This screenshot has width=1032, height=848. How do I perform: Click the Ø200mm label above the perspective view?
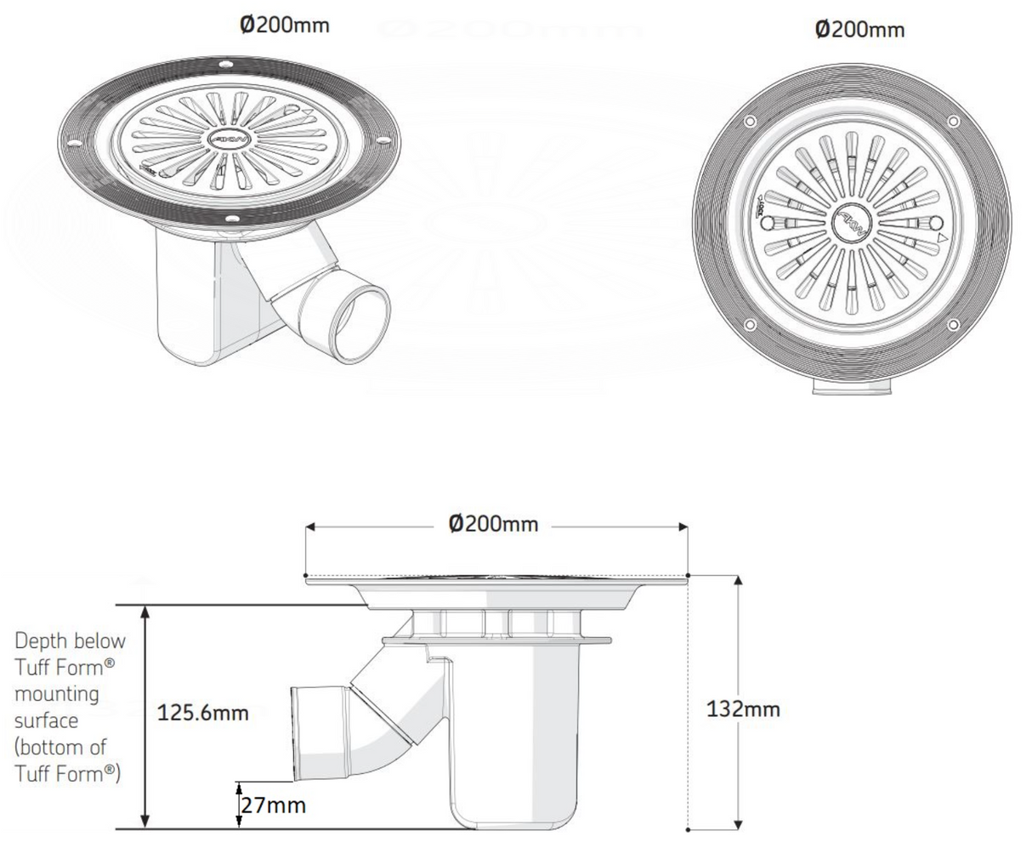point(284,25)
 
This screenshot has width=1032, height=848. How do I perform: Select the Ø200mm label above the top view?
point(859,30)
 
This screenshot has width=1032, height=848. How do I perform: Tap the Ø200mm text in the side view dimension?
point(493,524)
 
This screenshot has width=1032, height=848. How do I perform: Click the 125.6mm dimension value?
point(203,713)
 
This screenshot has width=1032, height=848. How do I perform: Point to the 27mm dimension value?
point(272,805)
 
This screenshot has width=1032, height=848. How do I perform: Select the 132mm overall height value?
point(743,709)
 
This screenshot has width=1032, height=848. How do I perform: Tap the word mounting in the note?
point(56,694)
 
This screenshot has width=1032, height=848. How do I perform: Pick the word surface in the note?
point(47,720)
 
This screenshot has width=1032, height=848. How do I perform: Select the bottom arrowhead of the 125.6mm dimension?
point(146,821)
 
